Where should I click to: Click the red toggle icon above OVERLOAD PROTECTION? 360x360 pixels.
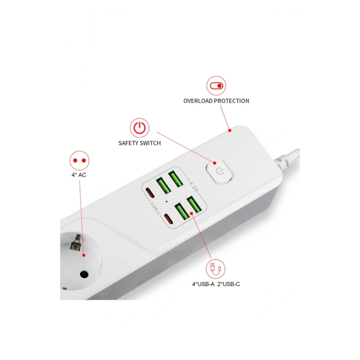[216, 85]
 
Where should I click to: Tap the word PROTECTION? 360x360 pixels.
[231, 101]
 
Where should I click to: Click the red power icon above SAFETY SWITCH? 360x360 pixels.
[139, 128]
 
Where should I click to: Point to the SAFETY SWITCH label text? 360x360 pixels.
[139, 143]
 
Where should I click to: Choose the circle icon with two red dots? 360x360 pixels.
[79, 160]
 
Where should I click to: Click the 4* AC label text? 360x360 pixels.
[79, 175]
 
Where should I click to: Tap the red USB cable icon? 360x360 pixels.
[214, 268]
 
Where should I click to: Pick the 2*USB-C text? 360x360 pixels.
[228, 284]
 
